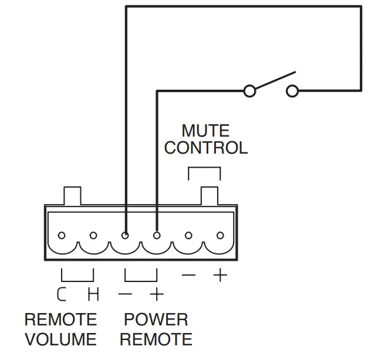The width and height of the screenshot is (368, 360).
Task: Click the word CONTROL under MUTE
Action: click(205, 148)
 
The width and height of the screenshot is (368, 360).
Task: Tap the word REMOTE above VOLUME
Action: click(60, 320)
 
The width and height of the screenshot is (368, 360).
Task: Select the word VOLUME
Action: click(60, 339)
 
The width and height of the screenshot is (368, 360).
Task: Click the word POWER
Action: click(156, 320)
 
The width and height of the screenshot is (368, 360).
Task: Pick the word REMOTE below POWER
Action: click(156, 339)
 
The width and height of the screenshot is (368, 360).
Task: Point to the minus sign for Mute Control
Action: click(188, 274)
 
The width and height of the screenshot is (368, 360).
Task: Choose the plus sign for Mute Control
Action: click(220, 274)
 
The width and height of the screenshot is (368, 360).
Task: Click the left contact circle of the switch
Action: click(249, 91)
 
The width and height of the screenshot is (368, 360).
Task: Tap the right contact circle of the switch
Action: click(292, 91)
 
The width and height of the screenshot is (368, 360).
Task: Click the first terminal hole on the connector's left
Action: click(62, 236)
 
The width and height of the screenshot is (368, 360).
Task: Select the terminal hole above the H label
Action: click(93, 236)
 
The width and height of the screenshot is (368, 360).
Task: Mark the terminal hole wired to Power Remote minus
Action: click(125, 236)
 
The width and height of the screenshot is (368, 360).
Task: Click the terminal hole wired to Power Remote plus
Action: click(157, 236)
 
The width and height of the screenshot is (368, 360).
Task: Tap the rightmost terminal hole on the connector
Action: click(220, 236)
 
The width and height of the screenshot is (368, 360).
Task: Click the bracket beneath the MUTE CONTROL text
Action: click(204, 169)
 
